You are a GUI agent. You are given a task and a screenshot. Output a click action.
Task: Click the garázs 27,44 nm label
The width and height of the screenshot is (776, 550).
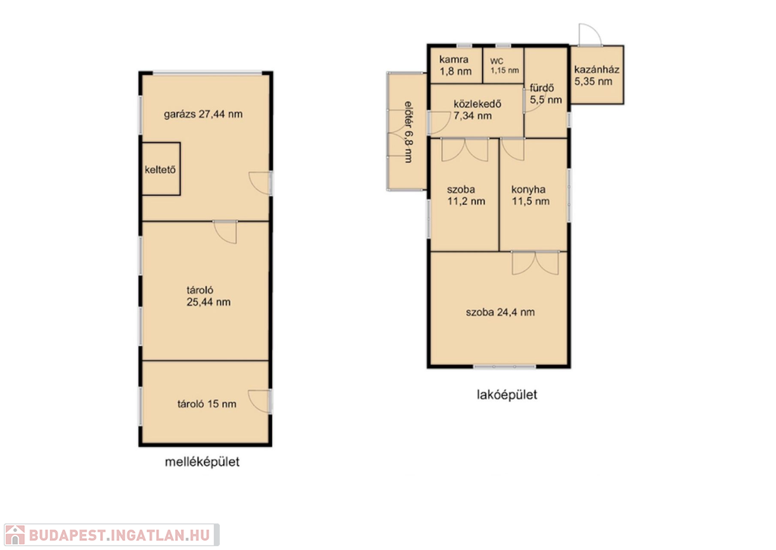click(x=203, y=114)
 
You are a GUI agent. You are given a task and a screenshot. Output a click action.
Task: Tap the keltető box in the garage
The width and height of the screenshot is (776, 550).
click(x=161, y=169)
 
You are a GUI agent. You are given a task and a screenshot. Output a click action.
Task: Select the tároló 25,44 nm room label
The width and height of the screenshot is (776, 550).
click(x=208, y=297)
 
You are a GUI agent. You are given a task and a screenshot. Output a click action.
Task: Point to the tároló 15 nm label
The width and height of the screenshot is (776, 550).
click(x=207, y=404)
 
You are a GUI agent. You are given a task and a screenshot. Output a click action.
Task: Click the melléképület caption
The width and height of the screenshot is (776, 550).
click(x=202, y=462)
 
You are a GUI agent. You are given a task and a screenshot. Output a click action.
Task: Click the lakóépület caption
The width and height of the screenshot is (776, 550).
click(x=507, y=395)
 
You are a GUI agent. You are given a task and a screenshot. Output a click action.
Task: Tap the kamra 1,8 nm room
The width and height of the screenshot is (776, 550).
click(x=455, y=65)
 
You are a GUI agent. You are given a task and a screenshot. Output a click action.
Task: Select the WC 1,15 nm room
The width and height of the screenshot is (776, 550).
click(x=504, y=65)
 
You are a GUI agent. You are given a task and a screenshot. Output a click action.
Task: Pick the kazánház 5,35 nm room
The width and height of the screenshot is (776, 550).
click(x=597, y=75)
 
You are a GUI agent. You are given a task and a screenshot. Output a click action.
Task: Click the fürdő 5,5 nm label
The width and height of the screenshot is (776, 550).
click(x=546, y=93)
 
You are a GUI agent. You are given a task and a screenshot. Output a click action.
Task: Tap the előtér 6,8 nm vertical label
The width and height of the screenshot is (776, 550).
click(x=408, y=132)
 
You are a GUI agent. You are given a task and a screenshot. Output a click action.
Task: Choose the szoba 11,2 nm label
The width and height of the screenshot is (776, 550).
click(x=466, y=195)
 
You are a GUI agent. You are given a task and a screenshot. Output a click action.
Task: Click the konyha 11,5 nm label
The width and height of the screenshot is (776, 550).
click(x=530, y=195)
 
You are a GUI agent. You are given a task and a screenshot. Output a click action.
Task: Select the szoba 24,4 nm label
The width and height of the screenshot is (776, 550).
click(x=500, y=312)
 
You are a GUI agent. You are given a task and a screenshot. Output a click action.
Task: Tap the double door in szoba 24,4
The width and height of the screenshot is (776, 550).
click(x=535, y=262)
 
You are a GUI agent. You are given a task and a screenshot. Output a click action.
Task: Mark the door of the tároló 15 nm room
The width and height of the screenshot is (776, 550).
click(x=260, y=401)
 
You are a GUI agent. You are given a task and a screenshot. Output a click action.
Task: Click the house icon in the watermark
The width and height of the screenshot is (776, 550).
click(x=14, y=535)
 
